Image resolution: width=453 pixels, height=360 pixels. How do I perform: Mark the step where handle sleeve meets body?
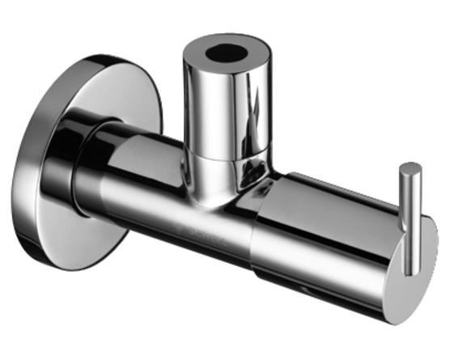[257, 235]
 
